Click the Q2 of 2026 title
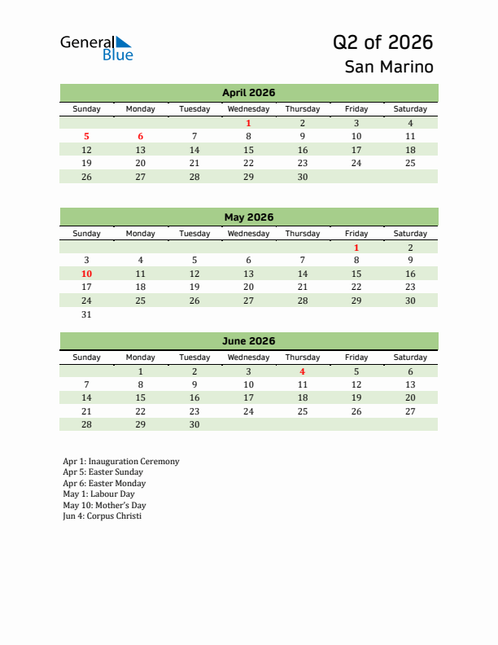[382, 42]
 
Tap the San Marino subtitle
[388, 67]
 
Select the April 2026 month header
[248, 93]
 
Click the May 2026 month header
[248, 217]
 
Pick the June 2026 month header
[248, 341]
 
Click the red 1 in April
[248, 123]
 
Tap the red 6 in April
[141, 137]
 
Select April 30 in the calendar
[303, 177]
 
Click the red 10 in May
[87, 274]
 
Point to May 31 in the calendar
[87, 314]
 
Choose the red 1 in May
[356, 248]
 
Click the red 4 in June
[303, 371]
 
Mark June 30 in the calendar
[194, 424]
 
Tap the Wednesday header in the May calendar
[248, 234]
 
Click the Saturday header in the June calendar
[410, 358]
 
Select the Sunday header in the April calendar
[87, 109]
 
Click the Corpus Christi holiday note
[102, 516]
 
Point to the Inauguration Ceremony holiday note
[120, 461]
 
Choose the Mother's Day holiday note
[104, 505]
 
